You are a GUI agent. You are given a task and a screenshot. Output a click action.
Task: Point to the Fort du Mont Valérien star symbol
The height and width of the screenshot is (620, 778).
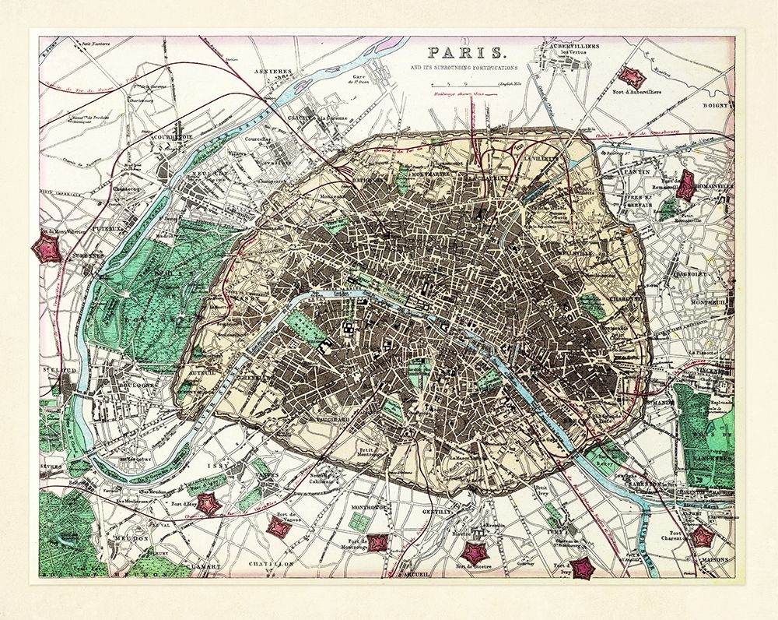[x=46, y=249]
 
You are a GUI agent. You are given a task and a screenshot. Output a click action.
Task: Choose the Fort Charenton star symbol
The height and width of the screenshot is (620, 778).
[x=703, y=537]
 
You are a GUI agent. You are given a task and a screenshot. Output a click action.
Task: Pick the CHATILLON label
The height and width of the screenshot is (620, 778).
[x=270, y=562]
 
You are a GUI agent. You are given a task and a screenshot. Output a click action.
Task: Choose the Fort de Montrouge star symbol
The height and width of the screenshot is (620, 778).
[x=379, y=542]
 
